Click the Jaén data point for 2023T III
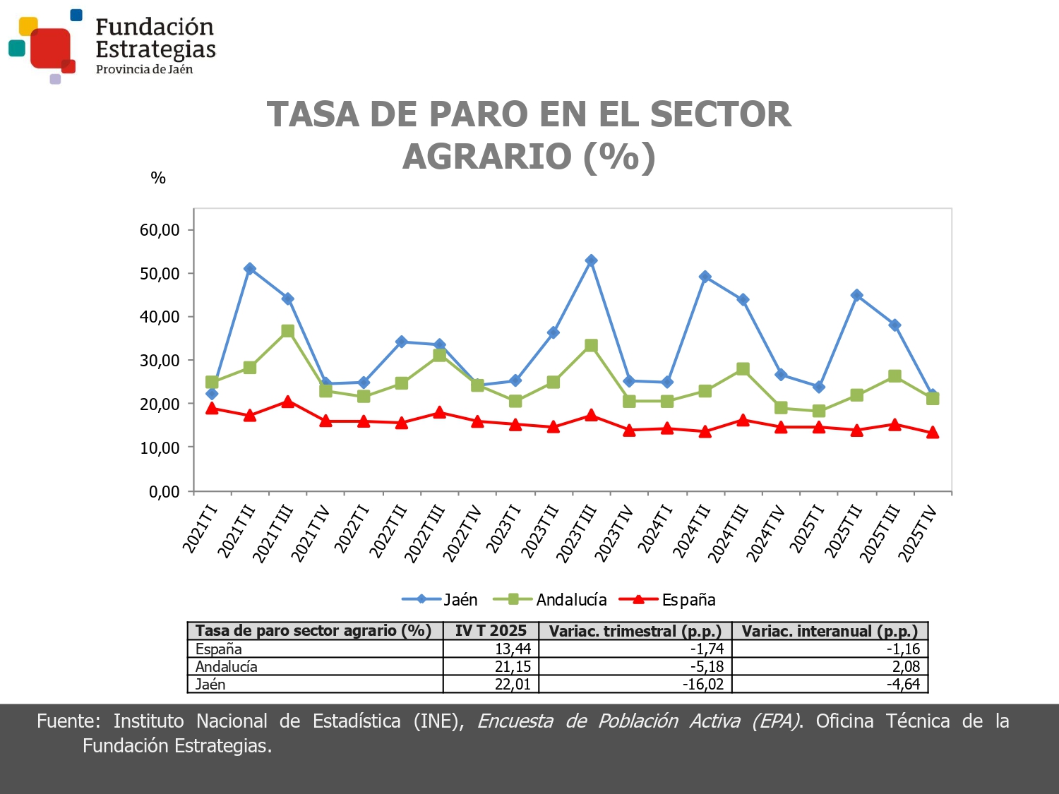coord(591,260)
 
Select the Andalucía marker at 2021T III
coord(287,331)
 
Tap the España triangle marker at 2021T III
coord(287,402)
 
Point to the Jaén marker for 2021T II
coord(249,269)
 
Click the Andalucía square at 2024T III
coord(743,369)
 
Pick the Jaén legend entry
coord(440,600)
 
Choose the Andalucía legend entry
coord(550,600)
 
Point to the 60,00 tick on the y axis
coord(160,230)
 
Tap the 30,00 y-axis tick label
coord(160,361)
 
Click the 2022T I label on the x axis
coord(351,529)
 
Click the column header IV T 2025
coord(491,631)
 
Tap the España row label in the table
coord(219,649)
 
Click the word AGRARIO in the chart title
coord(486,156)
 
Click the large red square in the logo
coord(51,48)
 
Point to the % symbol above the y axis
coord(158,178)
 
